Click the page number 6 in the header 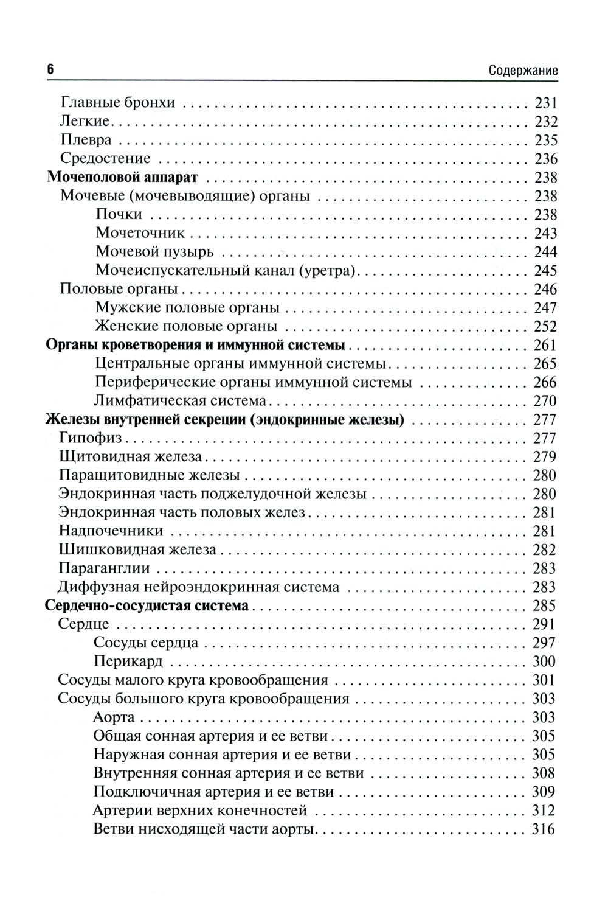(x=50, y=69)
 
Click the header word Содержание (x=523, y=71)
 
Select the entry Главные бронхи (x=118, y=102)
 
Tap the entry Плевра (x=86, y=140)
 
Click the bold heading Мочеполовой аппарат (x=122, y=177)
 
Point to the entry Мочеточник (x=140, y=233)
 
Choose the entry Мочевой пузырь (x=154, y=252)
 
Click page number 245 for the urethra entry (x=545, y=271)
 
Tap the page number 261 (x=545, y=345)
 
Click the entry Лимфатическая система (x=181, y=401)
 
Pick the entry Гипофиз (x=91, y=438)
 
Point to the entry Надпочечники (x=111, y=531)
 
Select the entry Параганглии (x=104, y=568)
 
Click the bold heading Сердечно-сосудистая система (x=148, y=605)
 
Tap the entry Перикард (x=129, y=661)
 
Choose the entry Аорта (x=114, y=717)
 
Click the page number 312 (x=544, y=811)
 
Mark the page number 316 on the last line (x=544, y=829)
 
